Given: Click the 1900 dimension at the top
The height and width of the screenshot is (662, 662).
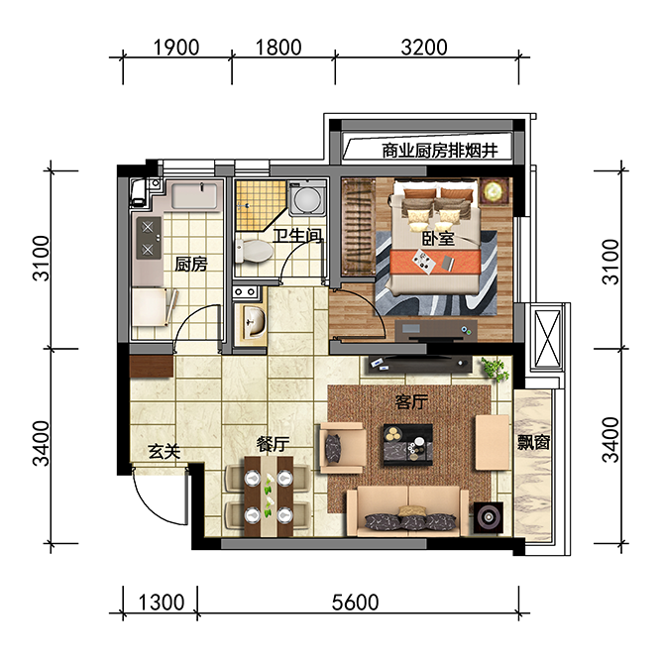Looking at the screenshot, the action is pos(175,48).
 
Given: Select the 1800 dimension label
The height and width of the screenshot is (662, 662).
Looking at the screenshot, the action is pos(278,48).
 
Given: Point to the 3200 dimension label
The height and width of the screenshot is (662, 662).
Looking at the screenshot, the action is pos(424,48).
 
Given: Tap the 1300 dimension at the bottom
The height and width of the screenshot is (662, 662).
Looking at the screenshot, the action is pos(162,603).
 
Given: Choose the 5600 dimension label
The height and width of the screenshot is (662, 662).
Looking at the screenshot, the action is pos(355,603).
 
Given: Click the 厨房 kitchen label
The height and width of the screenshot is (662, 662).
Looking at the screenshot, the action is pos(191,265).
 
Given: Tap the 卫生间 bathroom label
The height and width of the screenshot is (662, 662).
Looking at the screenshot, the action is pos(297,236).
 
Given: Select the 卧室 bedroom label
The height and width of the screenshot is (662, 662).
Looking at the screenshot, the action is pos(438,239).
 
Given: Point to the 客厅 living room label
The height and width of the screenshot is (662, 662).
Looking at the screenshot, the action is pos(411,401).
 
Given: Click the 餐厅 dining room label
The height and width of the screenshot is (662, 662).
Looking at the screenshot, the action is pos(274,444).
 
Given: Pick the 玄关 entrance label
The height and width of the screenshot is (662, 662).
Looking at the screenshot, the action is pos(165,452).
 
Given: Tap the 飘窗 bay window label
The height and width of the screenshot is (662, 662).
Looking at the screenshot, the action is pos(533,442).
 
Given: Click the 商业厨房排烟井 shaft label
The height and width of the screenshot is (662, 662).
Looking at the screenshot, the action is pos(440,151).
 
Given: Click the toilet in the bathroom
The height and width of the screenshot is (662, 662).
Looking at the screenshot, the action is pos(254,251).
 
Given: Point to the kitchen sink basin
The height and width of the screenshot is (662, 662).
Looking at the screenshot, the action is pos(194,195).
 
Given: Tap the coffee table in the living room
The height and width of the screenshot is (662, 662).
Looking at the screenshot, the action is pos(408,445).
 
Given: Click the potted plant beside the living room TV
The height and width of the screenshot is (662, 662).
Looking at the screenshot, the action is pos(496,368).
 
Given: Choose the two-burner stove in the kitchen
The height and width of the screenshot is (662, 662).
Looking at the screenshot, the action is pos(149,239).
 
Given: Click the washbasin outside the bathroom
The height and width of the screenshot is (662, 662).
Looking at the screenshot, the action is pos(254,322).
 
